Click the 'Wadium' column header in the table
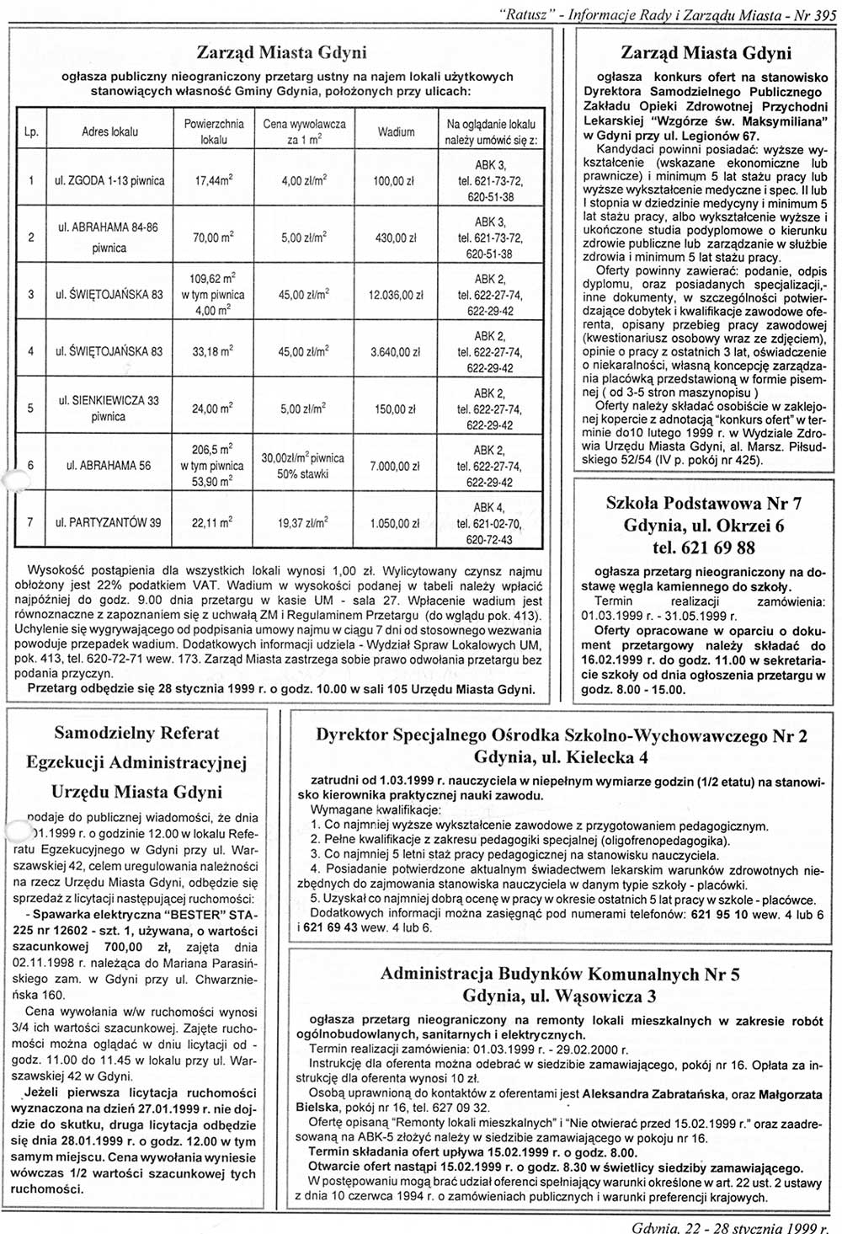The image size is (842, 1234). pyautogui.click(x=396, y=132)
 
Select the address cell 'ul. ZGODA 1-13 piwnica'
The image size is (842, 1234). pyautogui.click(x=109, y=181)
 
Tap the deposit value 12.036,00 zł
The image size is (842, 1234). pyautogui.click(x=396, y=295)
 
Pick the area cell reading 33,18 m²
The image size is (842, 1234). pyautogui.click(x=213, y=351)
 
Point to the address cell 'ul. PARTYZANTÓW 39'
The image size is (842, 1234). pyautogui.click(x=108, y=523)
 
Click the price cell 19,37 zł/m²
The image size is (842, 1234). pyautogui.click(x=304, y=523)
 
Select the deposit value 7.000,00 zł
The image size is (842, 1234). pyautogui.click(x=396, y=466)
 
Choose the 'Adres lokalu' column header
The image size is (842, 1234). pyautogui.click(x=109, y=132)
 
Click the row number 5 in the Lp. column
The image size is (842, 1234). pyautogui.click(x=31, y=409)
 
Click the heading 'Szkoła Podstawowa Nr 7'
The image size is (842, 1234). pyautogui.click(x=704, y=505)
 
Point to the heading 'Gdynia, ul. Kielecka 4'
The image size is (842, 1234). pyautogui.click(x=561, y=756)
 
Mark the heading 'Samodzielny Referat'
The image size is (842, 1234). pyautogui.click(x=136, y=733)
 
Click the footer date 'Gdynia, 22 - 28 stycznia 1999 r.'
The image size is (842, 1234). pyautogui.click(x=730, y=1226)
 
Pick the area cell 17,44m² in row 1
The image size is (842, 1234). pyautogui.click(x=213, y=181)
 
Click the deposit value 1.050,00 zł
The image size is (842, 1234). pyautogui.click(x=396, y=523)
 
